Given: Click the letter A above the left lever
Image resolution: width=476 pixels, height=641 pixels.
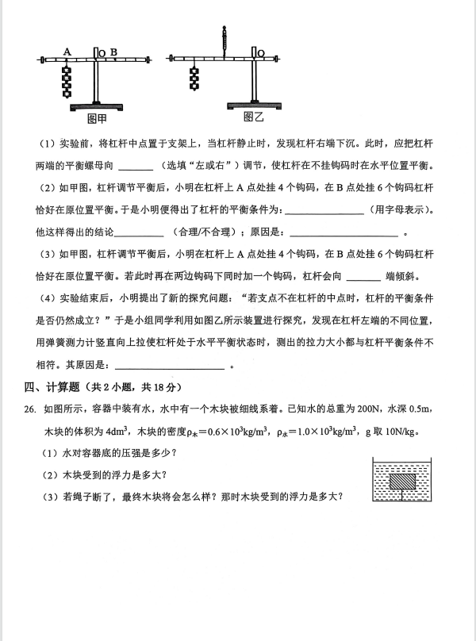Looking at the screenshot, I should point(67,51).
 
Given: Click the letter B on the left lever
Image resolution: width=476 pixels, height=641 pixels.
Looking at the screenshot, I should point(113,52).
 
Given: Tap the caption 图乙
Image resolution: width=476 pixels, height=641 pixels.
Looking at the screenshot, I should point(252,117).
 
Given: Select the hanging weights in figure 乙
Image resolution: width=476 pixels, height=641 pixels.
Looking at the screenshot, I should point(193,77).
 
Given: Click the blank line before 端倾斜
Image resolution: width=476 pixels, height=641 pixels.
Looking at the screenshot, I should point(364,277).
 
